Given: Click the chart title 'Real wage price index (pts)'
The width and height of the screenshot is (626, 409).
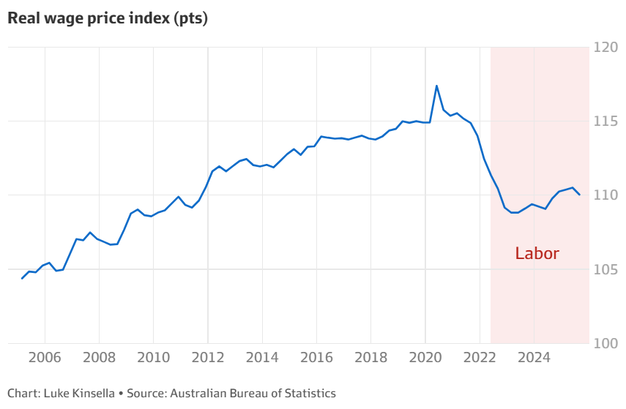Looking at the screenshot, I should coord(108,19).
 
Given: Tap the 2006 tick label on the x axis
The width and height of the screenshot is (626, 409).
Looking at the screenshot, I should coord(45,359).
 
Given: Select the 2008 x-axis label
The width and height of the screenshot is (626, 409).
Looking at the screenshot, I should coord(99,359).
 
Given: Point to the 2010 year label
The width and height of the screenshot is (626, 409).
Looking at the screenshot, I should coord(153,359).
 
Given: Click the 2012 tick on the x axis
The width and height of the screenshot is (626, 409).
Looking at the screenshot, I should coord(207,359).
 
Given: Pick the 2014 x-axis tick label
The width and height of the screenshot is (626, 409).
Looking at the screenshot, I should coord(261,359).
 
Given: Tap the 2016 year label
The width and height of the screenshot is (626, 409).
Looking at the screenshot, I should coord(316,359).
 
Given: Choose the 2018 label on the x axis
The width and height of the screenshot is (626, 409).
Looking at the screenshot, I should coord(370,359).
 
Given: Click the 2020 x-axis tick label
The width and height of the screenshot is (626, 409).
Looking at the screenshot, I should coord(425,359).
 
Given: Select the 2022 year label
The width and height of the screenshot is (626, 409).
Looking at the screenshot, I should coord(479,359).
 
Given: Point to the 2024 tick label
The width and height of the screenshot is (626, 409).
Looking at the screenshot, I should coord(533,359).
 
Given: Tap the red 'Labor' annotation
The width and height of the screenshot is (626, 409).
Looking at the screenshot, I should coord(537,254).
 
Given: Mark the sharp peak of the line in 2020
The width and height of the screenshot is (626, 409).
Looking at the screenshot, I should coord(436,86).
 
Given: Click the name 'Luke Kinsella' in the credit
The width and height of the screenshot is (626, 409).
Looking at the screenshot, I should coord(79,393).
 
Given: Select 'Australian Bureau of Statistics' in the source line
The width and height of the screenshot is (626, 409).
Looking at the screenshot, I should coord(253,393).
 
